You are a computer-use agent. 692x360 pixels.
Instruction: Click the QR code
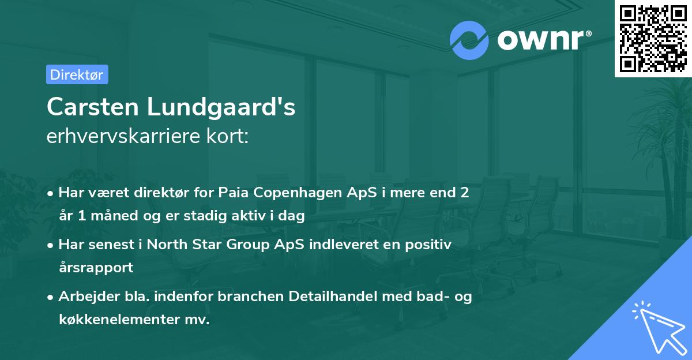click(x=653, y=39)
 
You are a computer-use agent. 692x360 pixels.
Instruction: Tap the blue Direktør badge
click(x=77, y=74)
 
